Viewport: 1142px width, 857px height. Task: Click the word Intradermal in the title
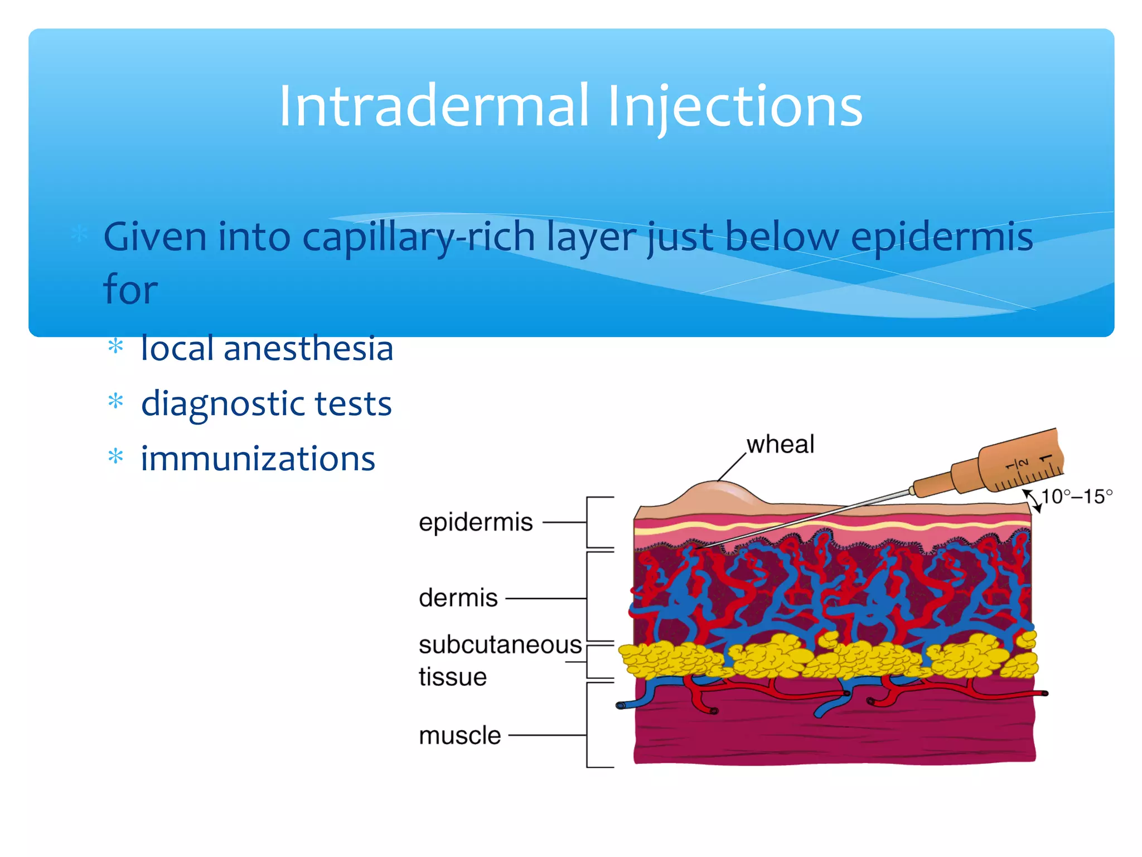(x=434, y=106)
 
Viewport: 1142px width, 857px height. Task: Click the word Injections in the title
(x=735, y=106)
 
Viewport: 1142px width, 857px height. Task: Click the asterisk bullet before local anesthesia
(x=115, y=346)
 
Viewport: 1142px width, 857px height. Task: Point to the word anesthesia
(x=308, y=348)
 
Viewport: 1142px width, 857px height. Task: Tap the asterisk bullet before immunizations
(x=115, y=457)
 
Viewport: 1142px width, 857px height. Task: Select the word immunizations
(x=258, y=459)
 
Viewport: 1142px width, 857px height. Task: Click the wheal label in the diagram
(x=780, y=445)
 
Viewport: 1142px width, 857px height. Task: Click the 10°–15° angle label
(x=1076, y=497)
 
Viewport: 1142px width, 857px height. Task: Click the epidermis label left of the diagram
(x=476, y=523)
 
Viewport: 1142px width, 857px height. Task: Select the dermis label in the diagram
(x=458, y=598)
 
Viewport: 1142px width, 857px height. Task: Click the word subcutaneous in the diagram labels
(x=500, y=645)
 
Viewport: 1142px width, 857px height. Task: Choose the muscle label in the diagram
(x=459, y=735)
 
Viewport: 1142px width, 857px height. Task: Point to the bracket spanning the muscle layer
(x=588, y=725)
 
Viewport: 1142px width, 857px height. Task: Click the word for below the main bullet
(x=130, y=289)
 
